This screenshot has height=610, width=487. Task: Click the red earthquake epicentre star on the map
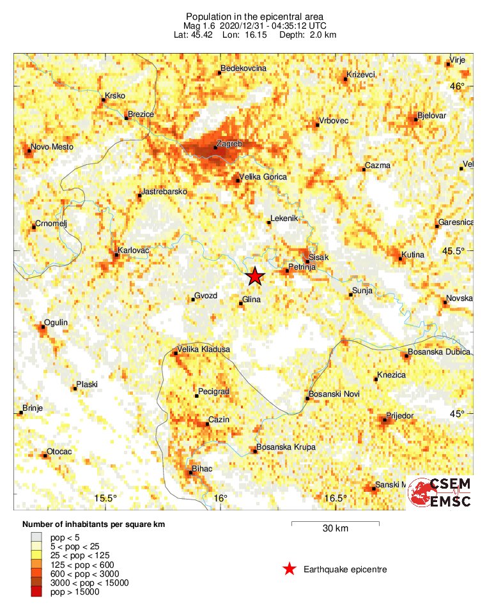[x=255, y=276]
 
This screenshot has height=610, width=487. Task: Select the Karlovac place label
[x=133, y=250]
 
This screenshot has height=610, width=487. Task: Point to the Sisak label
[x=318, y=257]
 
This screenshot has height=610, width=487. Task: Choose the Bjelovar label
[x=431, y=116]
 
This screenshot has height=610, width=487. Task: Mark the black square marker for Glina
[x=241, y=303]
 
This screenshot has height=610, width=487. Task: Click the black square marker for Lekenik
[x=268, y=222]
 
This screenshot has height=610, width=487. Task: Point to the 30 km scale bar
[x=336, y=523]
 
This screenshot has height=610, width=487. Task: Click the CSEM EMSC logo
[x=441, y=492]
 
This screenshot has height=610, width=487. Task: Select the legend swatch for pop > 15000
[x=38, y=592]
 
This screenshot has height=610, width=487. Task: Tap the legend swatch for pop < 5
[x=38, y=537]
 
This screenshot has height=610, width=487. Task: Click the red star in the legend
[x=290, y=569]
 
